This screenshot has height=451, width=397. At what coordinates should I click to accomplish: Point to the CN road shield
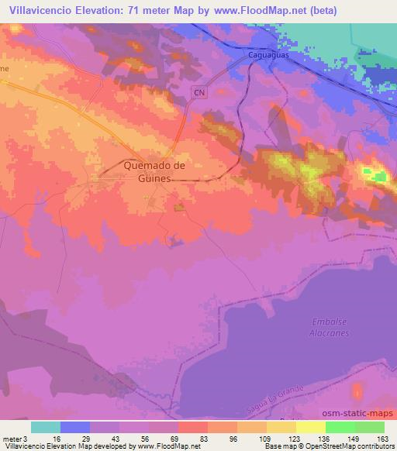[x=199, y=92]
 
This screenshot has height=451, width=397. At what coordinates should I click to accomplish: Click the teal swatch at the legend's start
[x=46, y=427]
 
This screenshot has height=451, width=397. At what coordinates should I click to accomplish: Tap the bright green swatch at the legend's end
[x=369, y=427]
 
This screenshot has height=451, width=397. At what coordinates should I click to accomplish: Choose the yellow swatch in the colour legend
[x=310, y=427]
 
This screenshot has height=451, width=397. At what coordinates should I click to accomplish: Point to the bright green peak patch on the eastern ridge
[x=380, y=177]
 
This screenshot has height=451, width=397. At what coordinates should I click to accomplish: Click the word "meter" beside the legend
[x=11, y=438]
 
